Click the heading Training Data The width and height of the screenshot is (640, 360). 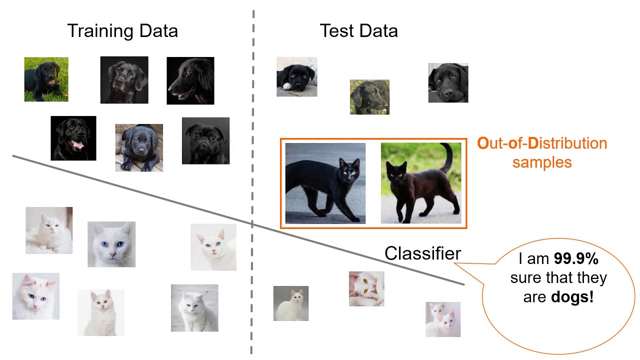point(122,31)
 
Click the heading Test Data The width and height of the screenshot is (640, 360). point(358,31)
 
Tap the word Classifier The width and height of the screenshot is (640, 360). point(422,253)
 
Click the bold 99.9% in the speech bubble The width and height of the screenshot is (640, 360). point(576,258)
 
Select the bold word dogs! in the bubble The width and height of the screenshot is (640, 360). point(572,297)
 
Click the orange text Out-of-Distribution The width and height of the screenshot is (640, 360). point(542,143)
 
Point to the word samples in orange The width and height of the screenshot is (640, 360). point(542,162)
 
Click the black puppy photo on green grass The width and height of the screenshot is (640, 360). point(46,79)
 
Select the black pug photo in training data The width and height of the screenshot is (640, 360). point(205,141)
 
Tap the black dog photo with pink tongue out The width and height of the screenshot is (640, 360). point(73,138)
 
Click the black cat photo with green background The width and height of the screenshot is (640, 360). point(421,183)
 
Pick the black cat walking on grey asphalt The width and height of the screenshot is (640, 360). point(325,183)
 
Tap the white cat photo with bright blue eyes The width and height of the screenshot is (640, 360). point(111,244)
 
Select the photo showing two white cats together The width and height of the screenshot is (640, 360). point(443,319)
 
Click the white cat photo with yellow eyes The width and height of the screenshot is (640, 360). point(366,288)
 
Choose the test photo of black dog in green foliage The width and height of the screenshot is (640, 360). point(369,97)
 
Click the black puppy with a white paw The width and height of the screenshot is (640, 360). point(296,76)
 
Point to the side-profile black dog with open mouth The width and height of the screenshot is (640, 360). point(190,80)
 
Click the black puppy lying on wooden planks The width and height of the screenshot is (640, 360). point(139,147)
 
